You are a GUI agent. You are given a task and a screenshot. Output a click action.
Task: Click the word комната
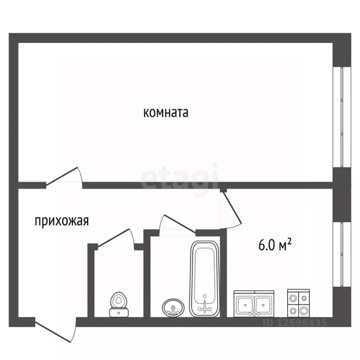click(165, 113)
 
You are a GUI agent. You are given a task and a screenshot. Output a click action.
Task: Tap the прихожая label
click(62, 221)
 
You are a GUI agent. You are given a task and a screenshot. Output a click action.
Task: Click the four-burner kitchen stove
click(298, 303)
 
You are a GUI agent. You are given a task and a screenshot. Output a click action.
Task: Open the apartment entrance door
click(55, 331)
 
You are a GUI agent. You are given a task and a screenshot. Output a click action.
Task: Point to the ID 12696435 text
click(289, 322)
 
